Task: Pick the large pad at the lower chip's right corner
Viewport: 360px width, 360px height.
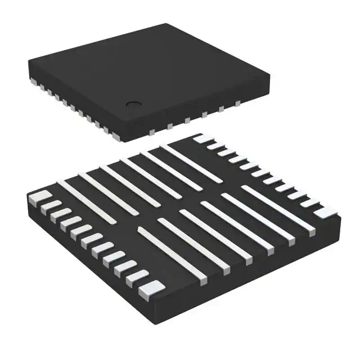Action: click(x=323, y=212)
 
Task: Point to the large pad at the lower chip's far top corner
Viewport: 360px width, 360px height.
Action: click(x=200, y=138)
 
